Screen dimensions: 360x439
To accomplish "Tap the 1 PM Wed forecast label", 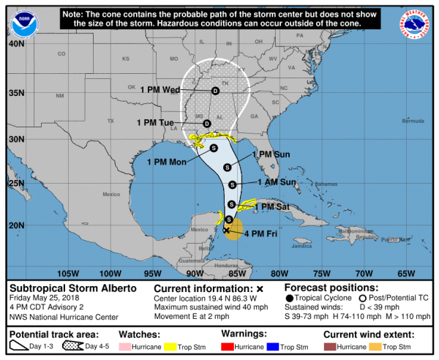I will point(162,91).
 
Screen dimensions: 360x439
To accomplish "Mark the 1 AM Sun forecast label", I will point(277,182).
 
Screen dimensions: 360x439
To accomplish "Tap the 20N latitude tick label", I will point(15,225).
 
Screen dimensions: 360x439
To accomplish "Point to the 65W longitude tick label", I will point(405,274).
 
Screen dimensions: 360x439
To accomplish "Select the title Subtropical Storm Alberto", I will point(72,288).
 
